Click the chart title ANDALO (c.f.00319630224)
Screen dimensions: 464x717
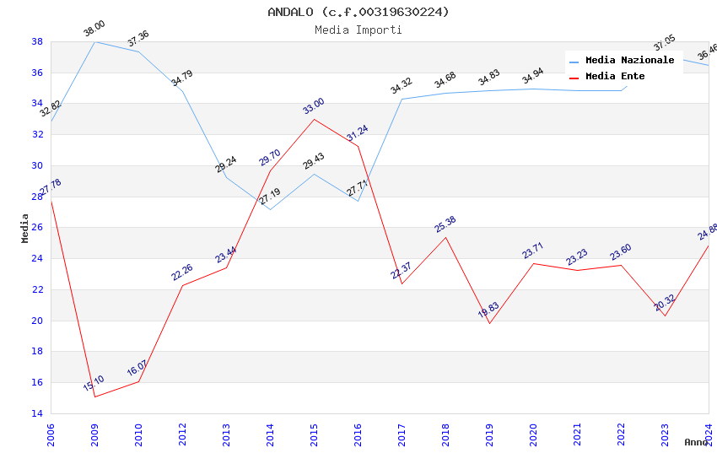pos(358,12)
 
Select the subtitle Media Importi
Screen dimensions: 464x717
pos(358,30)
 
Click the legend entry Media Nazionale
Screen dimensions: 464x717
pos(629,60)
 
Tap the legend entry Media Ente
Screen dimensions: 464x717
pos(615,76)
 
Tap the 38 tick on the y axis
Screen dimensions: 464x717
pos(37,41)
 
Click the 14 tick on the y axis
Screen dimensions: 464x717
pos(37,413)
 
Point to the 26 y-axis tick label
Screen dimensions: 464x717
pos(37,228)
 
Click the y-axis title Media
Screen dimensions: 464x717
pos(24,228)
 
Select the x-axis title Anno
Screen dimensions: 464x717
pos(696,442)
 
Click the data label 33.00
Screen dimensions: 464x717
pos(314,106)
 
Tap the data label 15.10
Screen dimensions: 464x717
pos(94,384)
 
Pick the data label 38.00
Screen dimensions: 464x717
pos(94,29)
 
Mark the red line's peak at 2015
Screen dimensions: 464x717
pos(314,119)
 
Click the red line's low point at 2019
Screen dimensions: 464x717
pos(489,323)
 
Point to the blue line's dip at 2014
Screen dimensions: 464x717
pos(270,209)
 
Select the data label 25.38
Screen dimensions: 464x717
pos(445,224)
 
